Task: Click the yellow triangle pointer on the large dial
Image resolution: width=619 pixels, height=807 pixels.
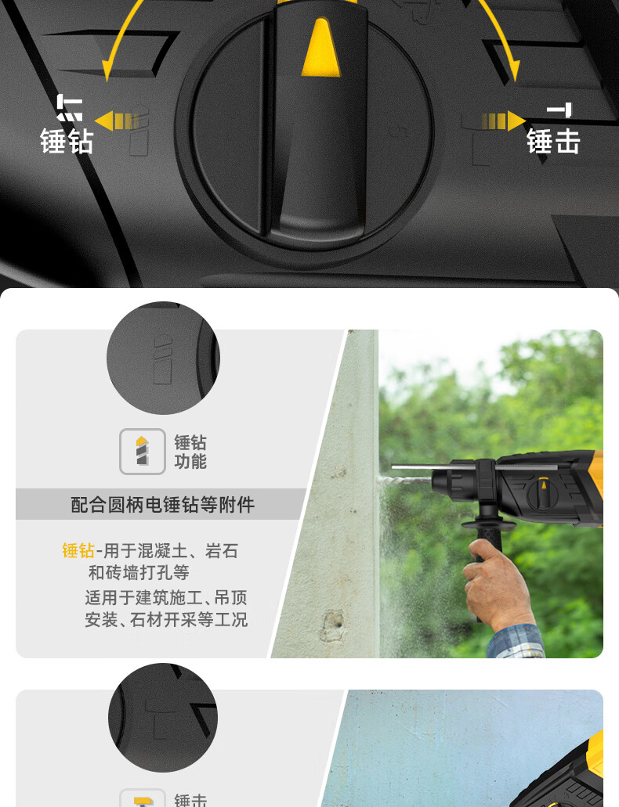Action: (x=320, y=49)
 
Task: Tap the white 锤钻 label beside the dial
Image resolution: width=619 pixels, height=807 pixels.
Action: (x=67, y=142)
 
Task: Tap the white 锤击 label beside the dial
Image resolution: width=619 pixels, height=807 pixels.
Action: (x=553, y=142)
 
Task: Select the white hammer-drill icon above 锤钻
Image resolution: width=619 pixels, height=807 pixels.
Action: (x=70, y=107)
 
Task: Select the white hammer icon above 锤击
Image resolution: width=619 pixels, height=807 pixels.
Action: (x=559, y=110)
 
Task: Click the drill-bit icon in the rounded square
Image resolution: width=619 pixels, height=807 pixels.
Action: (x=143, y=452)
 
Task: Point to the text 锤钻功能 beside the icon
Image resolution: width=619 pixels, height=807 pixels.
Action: (x=190, y=452)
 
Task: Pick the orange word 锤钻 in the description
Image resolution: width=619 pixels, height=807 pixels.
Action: (x=78, y=551)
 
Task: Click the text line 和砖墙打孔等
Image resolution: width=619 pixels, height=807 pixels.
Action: (x=139, y=572)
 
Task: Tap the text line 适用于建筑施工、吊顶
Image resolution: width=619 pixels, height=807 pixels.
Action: (x=166, y=597)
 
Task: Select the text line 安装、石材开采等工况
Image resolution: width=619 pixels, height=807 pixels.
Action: (x=166, y=620)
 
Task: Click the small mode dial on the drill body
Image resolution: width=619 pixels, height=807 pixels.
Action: (x=543, y=495)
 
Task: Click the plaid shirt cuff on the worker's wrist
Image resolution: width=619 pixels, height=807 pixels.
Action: (x=516, y=643)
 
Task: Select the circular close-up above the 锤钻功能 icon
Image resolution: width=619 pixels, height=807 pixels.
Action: (x=164, y=358)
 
